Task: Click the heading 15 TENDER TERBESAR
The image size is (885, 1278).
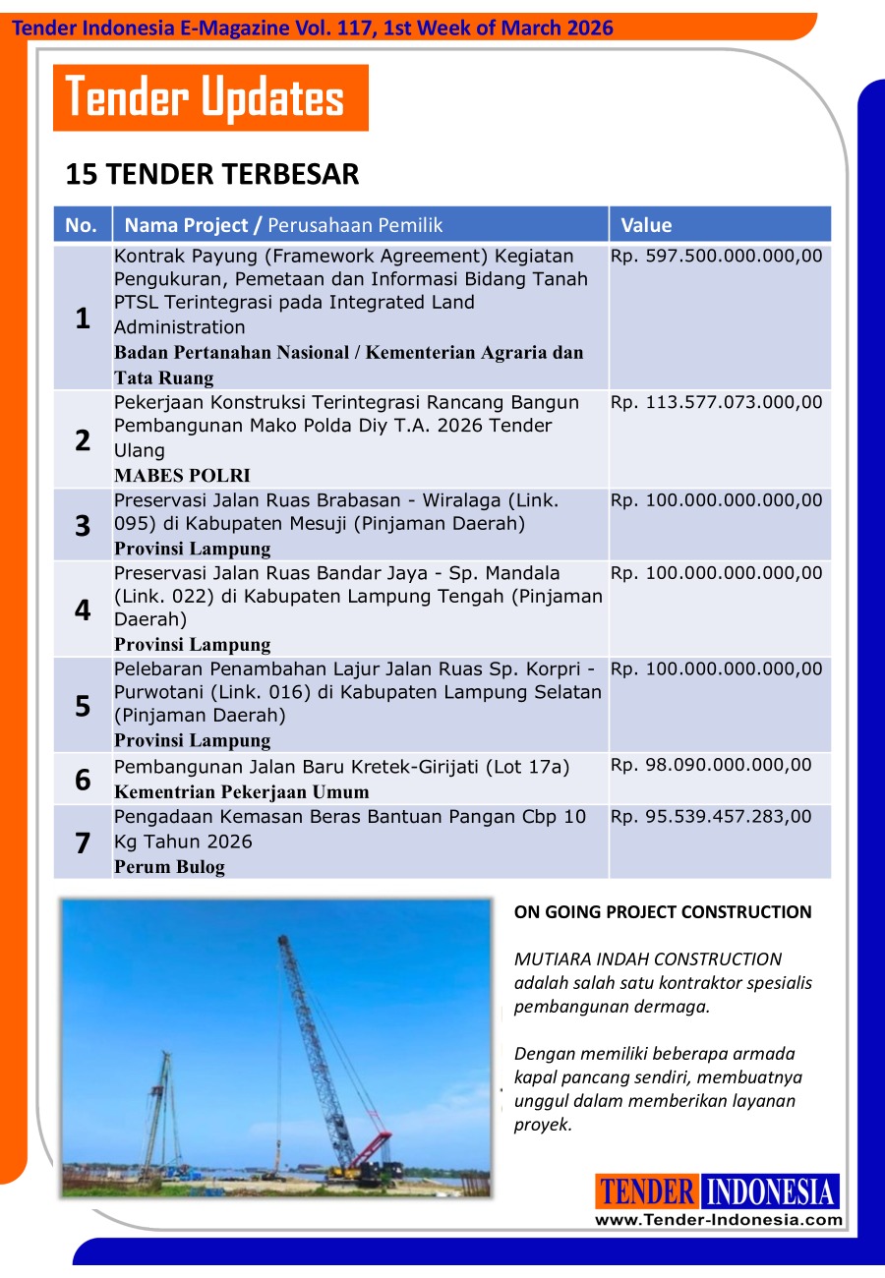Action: pos(211,175)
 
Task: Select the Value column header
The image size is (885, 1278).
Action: pos(646,225)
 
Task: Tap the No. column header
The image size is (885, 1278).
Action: pos(82,225)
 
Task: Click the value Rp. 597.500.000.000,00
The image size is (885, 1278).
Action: pos(716,257)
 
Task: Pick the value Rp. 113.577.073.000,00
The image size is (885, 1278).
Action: pos(716,402)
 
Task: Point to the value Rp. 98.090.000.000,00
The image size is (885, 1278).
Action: pos(711,765)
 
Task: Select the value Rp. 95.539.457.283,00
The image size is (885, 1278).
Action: pos(711,816)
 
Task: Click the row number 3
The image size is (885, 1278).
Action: pos(83,525)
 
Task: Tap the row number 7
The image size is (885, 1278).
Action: pos(83,842)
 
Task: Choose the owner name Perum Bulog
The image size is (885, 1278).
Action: pos(169,867)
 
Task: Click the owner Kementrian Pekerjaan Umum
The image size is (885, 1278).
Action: pos(242,791)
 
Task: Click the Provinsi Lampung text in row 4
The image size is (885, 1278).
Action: pos(192,645)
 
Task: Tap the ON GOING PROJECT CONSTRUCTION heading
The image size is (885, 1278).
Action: pos(663,912)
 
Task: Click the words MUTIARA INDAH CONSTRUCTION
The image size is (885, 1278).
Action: pos(648,959)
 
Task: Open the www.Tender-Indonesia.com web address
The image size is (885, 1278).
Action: pos(718,1220)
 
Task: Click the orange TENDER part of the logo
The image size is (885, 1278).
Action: pos(647,1191)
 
